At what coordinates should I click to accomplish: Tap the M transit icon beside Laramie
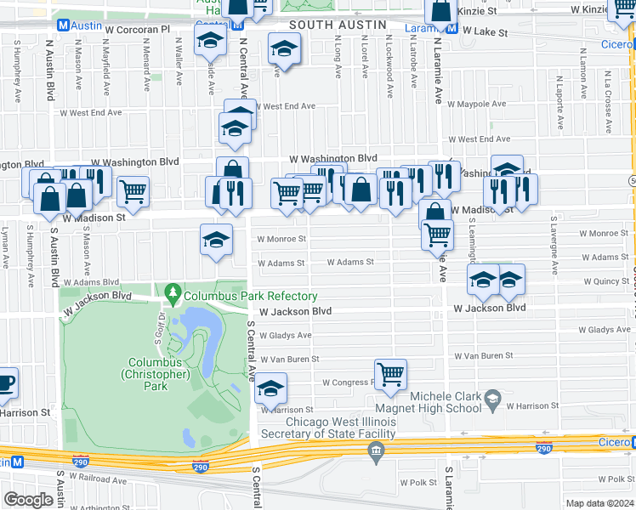452,28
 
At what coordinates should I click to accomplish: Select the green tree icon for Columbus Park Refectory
174,295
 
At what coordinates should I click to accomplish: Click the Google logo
28,500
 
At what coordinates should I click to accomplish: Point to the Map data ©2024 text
599,503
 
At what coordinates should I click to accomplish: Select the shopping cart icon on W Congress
390,374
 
